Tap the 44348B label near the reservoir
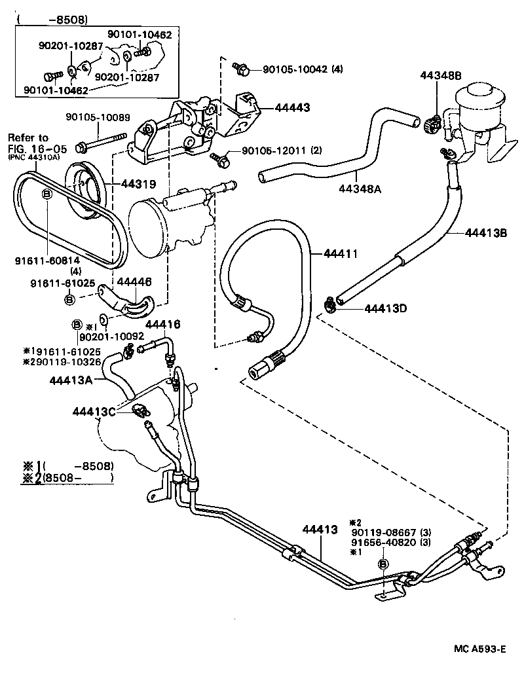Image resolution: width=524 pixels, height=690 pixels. (441, 77)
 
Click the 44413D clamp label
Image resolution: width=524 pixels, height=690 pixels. (385, 308)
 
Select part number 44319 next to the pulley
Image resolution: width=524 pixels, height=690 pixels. (139, 185)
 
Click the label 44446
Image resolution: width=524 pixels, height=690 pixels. (134, 282)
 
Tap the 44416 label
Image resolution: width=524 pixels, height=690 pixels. (162, 325)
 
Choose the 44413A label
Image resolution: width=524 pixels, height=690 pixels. (71, 380)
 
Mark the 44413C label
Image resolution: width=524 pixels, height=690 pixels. (94, 411)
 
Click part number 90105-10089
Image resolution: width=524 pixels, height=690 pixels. (98, 118)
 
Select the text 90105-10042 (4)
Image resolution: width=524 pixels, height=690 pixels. (303, 69)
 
